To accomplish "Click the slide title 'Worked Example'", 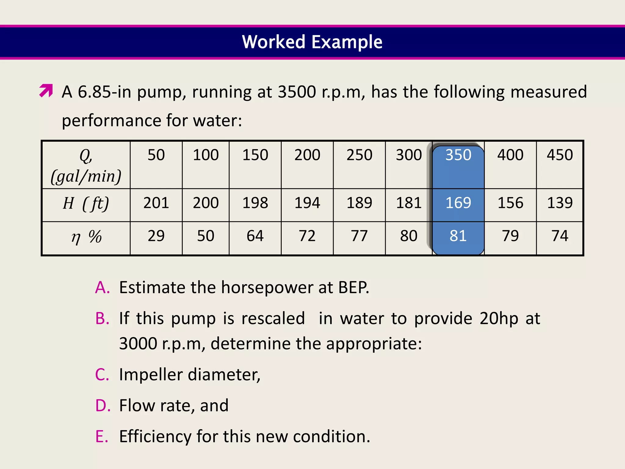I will [312, 42].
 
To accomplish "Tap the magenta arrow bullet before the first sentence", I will [46, 91].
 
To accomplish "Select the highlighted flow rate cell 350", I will [458, 155].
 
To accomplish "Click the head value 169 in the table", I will [458, 203].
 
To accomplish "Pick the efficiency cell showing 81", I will [458, 236].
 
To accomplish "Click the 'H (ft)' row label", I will [86, 203].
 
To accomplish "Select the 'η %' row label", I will [86, 236].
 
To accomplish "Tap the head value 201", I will [156, 203].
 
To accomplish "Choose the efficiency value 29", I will [156, 236].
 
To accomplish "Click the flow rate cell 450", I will [560, 155].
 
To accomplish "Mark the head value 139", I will [560, 203].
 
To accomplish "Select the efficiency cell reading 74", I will [560, 236].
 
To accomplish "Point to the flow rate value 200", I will [307, 155].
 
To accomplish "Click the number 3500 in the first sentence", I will [297, 92].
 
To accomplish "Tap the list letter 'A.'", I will [103, 287].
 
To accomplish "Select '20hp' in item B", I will [499, 318].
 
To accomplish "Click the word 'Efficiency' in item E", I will [155, 436].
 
